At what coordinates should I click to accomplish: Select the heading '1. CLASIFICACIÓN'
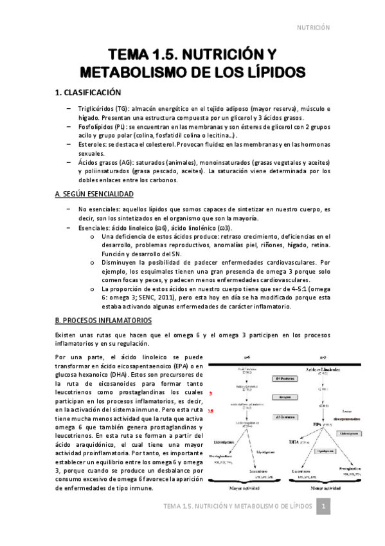pyautogui.click(x=88, y=93)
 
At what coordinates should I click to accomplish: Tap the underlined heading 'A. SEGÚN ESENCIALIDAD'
pyautogui.click(x=94, y=194)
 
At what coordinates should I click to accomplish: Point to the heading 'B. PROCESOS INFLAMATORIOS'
pyautogui.click(x=103, y=320)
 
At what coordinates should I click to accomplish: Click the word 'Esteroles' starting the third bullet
pyautogui.click(x=91, y=146)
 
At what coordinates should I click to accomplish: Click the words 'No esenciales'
pyautogui.click(x=96, y=210)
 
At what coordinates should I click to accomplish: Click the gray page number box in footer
pyautogui.click(x=325, y=508)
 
